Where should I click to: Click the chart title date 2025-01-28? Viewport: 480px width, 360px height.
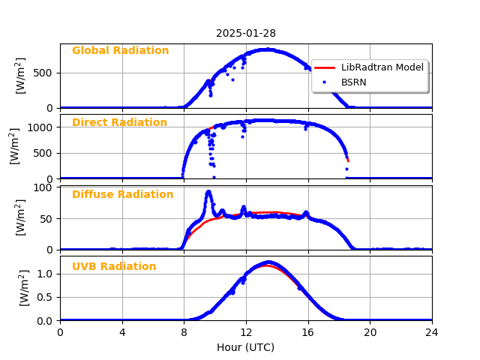tap(246, 33)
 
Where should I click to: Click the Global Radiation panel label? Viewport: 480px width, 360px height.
tap(120, 51)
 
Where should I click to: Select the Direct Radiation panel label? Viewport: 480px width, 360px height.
tap(119, 123)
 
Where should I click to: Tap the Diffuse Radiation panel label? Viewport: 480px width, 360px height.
tap(122, 195)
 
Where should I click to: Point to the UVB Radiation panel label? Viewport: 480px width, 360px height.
tap(114, 267)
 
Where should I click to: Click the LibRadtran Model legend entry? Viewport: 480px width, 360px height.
tap(382, 67)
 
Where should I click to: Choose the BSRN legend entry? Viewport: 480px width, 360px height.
tap(353, 82)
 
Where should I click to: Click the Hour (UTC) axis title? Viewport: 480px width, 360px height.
tap(246, 348)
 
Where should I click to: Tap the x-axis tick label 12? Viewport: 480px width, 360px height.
tap(246, 333)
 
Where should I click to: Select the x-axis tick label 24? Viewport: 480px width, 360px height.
tap(432, 333)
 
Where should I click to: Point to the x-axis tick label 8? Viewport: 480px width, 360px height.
tap(184, 333)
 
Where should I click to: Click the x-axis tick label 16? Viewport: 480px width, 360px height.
tap(307, 333)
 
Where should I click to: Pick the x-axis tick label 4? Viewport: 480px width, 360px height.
tap(122, 333)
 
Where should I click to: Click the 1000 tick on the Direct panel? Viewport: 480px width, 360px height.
tap(42, 127)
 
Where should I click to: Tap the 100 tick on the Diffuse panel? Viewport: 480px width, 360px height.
tap(46, 187)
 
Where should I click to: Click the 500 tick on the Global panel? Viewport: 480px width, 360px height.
tap(46, 73)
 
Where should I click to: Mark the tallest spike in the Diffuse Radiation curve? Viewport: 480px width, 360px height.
tap(208, 193)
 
